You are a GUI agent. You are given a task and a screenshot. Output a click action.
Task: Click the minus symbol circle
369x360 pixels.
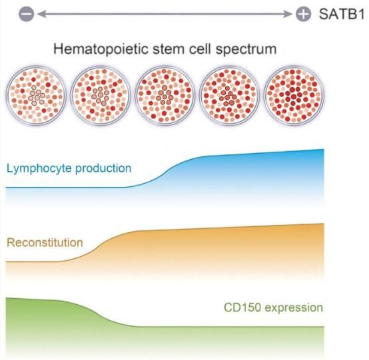click(27, 14)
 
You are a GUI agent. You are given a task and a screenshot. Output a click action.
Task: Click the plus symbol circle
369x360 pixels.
click(303, 14)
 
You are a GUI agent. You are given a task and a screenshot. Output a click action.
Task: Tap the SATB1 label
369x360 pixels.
click(342, 14)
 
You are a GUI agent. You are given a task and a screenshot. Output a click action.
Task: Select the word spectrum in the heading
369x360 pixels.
click(246, 50)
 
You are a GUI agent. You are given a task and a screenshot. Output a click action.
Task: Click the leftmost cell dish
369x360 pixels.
click(36, 95)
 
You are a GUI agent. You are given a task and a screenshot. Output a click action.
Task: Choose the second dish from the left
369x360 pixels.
click(101, 95)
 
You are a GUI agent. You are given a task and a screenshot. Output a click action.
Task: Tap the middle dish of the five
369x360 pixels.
click(165, 95)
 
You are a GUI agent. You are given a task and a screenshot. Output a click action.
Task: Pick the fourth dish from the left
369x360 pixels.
click(229, 95)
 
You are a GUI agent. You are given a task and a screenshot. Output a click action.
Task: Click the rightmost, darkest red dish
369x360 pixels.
click(294, 95)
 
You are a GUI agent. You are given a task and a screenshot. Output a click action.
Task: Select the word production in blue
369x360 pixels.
click(103, 169)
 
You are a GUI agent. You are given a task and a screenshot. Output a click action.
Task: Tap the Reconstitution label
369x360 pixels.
click(45, 242)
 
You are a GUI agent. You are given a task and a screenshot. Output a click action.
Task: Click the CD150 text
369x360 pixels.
click(242, 307)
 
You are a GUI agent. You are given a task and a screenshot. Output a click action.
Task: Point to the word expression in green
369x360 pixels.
click(294, 308)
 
